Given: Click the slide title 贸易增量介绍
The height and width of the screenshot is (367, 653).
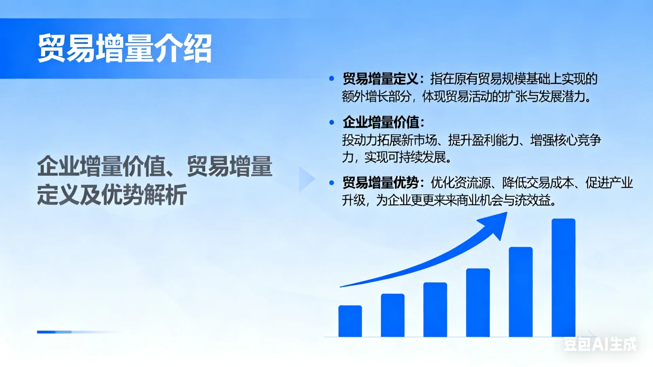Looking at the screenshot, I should click(x=124, y=48).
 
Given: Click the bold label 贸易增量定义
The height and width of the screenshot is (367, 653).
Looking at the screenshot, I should click(x=380, y=79).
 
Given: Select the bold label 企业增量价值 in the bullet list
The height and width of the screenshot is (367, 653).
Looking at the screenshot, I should click(x=381, y=122).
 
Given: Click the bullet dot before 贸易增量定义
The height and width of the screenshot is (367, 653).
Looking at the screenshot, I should click(x=332, y=79).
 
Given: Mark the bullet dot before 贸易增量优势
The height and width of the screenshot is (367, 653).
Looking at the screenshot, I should click(x=332, y=183).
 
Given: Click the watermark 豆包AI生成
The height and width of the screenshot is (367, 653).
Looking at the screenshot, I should click(x=600, y=344).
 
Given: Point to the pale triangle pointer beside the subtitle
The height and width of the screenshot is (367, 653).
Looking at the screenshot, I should click(x=306, y=179).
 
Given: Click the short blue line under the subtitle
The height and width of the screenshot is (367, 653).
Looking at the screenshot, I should click(x=54, y=332).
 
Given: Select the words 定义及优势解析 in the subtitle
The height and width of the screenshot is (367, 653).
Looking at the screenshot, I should click(x=112, y=194).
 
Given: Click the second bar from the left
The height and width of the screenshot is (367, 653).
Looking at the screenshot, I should click(x=393, y=315).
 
